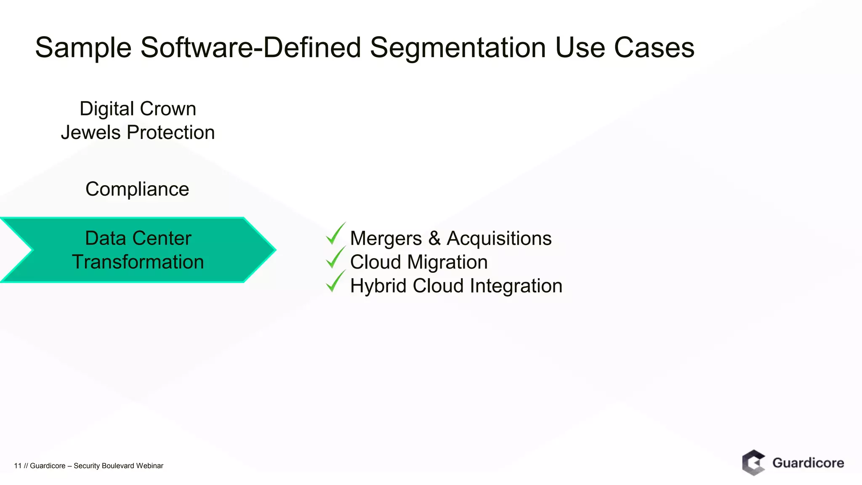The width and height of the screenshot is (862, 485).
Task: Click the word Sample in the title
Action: [x=83, y=48]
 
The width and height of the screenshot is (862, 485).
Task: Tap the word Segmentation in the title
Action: [x=458, y=48]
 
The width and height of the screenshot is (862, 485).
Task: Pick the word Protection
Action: [x=170, y=132]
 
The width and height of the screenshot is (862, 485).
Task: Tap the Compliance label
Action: [x=137, y=189]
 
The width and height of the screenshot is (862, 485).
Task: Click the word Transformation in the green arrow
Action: [x=138, y=262]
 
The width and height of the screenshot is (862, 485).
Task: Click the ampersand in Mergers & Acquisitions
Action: [x=434, y=238]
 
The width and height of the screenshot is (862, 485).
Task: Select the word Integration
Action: [x=516, y=286]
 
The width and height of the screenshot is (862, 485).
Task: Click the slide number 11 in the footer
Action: [x=18, y=466]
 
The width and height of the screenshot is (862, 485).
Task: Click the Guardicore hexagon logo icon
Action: [x=753, y=462]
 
